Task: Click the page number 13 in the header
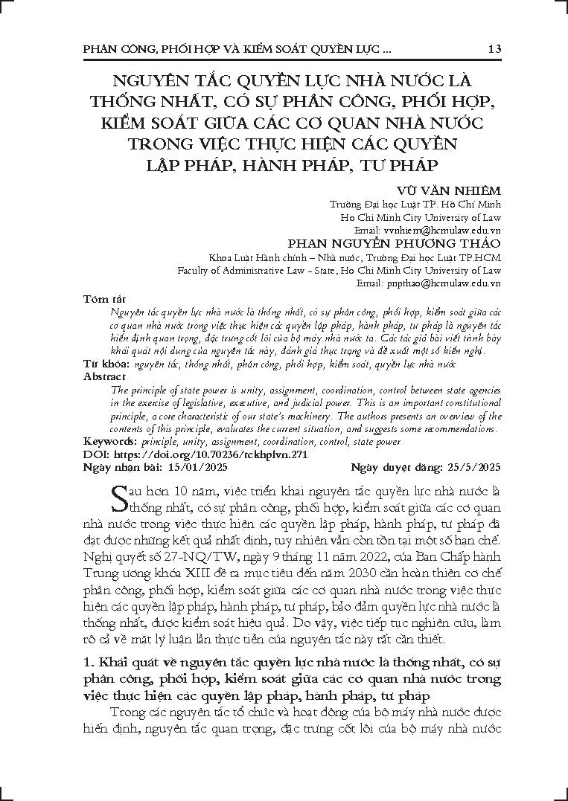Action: [x=494, y=49]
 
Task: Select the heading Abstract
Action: [x=103, y=377]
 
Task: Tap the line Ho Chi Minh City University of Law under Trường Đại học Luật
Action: [x=420, y=217]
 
